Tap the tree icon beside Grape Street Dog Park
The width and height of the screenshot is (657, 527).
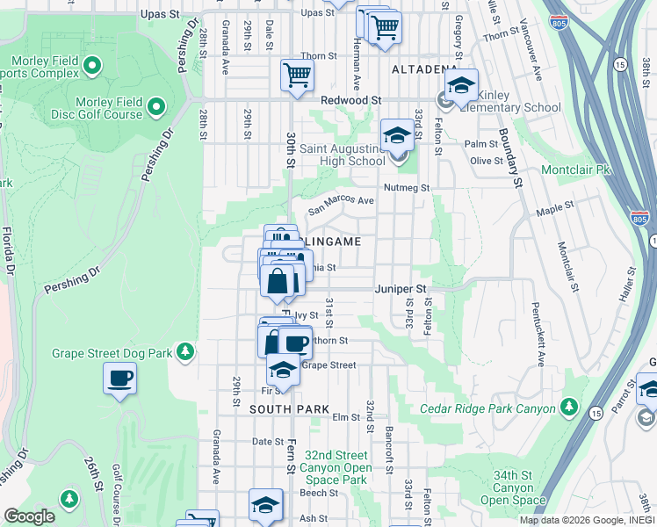click(x=184, y=352)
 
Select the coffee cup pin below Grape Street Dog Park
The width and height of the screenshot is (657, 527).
click(x=120, y=379)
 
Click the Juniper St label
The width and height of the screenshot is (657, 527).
click(x=400, y=288)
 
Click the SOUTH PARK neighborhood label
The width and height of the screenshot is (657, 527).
click(x=289, y=409)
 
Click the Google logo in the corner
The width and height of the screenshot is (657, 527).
click(x=29, y=516)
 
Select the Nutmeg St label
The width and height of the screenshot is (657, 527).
click(x=406, y=187)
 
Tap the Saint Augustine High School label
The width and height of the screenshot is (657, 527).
click(x=343, y=155)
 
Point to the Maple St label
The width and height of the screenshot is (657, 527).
click(x=554, y=210)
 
